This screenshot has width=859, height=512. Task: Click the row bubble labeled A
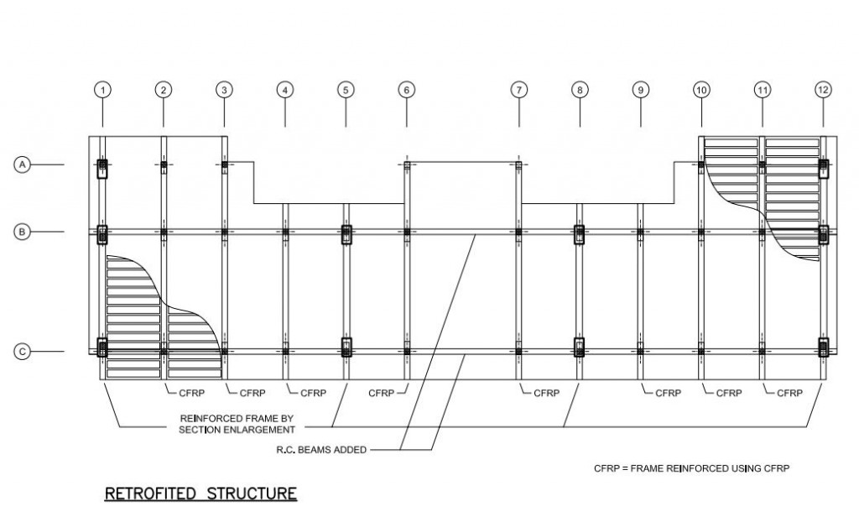pos(23,165)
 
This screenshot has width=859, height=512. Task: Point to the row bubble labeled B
pos(23,232)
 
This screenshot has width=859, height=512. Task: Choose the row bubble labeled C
pos(23,352)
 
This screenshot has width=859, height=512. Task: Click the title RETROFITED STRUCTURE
pos(200,493)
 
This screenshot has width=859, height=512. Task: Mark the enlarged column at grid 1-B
pos(102,234)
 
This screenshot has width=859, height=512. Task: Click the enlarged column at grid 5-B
pos(346,234)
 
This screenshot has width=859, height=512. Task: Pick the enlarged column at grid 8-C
pos(579,347)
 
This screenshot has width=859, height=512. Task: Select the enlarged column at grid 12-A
pos(824,168)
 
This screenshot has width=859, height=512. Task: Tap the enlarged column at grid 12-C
pos(824,347)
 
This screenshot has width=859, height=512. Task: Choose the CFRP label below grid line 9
pos(669,392)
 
